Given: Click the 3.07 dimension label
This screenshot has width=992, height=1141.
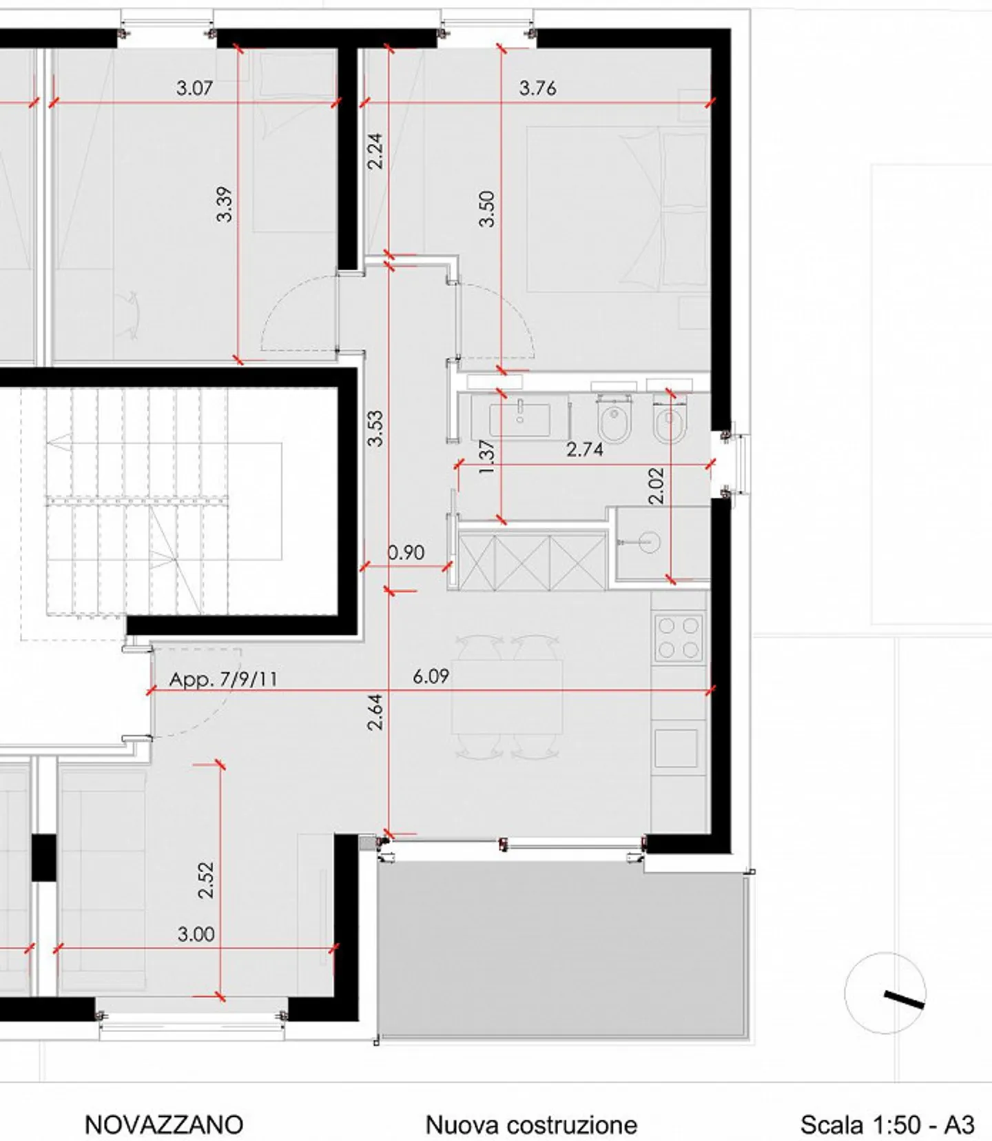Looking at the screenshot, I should pyautogui.click(x=194, y=88).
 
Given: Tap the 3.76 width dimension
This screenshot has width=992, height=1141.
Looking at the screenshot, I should pyautogui.click(x=537, y=88).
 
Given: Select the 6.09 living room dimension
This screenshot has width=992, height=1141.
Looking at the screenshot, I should pyautogui.click(x=431, y=676).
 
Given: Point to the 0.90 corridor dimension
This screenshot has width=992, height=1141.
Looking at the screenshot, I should pyautogui.click(x=406, y=552).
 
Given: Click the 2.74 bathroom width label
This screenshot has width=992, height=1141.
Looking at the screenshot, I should pyautogui.click(x=584, y=450).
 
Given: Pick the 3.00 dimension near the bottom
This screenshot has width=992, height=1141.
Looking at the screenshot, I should pyautogui.click(x=196, y=934).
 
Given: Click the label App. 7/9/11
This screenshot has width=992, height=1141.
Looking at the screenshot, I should pyautogui.click(x=223, y=679).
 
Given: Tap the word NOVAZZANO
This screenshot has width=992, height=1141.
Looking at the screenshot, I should pyautogui.click(x=164, y=1124).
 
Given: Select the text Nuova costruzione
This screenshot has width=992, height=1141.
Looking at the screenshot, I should pyautogui.click(x=531, y=1124).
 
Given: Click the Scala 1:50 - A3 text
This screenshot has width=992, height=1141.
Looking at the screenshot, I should pyautogui.click(x=887, y=1124).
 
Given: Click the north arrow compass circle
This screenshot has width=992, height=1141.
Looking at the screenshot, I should pyautogui.click(x=885, y=993).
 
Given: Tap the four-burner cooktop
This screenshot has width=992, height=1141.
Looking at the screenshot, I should pyautogui.click(x=678, y=638).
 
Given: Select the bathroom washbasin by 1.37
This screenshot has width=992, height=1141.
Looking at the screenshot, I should pyautogui.click(x=520, y=419).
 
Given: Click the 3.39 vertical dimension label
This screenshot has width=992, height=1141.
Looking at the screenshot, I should pyautogui.click(x=225, y=205).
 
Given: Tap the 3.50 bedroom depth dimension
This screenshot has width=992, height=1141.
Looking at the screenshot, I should pyautogui.click(x=487, y=209).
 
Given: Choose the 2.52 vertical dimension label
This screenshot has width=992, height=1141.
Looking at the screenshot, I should pyautogui.click(x=206, y=880).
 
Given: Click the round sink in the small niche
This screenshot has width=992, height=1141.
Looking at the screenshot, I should pyautogui.click(x=648, y=542).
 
